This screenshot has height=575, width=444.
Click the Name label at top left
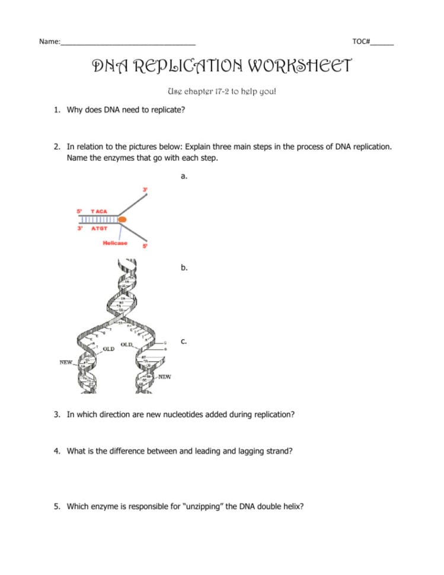[49, 41]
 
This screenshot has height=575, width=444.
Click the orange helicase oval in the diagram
[122, 220]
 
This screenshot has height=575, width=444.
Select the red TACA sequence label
[99, 211]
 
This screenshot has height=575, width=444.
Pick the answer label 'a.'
[184, 176]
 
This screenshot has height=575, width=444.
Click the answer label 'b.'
[184, 267]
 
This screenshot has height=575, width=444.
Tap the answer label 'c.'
[184, 341]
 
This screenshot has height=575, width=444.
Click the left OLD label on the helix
[108, 349]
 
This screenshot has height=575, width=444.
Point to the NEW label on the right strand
[164, 376]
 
